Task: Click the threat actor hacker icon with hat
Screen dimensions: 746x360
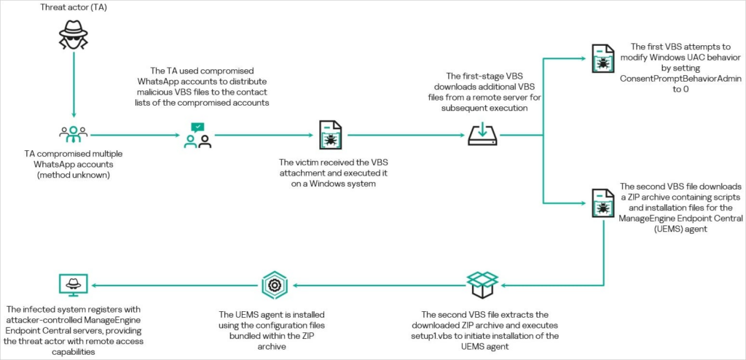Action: pyautogui.click(x=74, y=36)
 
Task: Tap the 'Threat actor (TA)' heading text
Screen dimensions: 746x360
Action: pyautogui.click(x=74, y=7)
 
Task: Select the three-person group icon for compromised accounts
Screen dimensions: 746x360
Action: pyautogui.click(x=74, y=135)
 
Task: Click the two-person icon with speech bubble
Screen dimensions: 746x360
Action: pyautogui.click(x=197, y=136)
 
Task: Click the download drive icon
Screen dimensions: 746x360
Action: pyautogui.click(x=482, y=134)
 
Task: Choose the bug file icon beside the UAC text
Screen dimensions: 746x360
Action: pyautogui.click(x=602, y=58)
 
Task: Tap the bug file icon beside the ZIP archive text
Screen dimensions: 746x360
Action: pyautogui.click(x=602, y=203)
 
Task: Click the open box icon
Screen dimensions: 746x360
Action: pyautogui.click(x=482, y=285)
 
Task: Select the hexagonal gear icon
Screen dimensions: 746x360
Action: pyautogui.click(x=274, y=285)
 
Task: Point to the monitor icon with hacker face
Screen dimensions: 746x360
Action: pyautogui.click(x=72, y=285)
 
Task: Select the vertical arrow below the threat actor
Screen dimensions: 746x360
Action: pyautogui.click(x=74, y=85)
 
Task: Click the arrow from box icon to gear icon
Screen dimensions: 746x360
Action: pyautogui.click(x=379, y=285)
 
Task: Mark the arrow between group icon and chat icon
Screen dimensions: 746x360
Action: pyautogui.click(x=135, y=136)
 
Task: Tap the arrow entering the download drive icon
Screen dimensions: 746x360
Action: pyautogui.click(x=407, y=136)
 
